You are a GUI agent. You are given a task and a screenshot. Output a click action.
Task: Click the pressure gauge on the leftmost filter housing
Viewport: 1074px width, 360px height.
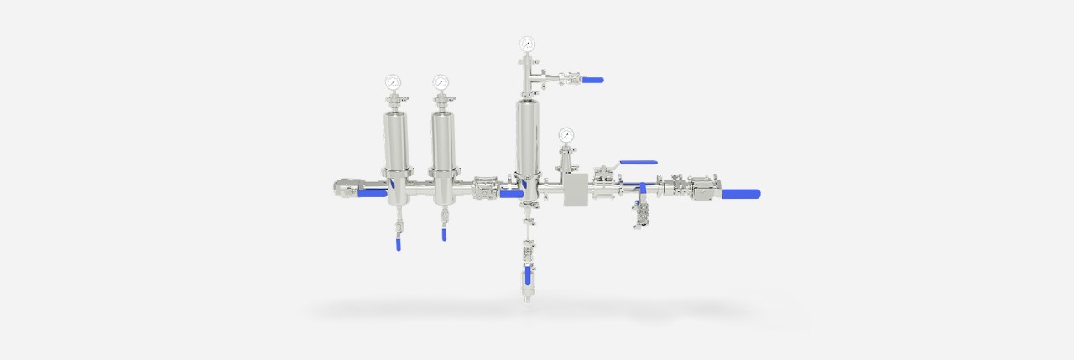tap(393, 82)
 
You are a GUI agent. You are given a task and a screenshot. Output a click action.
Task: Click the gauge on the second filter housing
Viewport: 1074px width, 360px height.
tap(441, 82)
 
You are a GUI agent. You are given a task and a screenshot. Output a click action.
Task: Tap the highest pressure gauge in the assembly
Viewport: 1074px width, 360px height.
tap(527, 44)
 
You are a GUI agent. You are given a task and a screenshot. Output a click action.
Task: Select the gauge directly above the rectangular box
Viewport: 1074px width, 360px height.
tap(566, 134)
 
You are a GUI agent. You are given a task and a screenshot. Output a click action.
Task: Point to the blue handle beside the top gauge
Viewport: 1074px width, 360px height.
tap(592, 81)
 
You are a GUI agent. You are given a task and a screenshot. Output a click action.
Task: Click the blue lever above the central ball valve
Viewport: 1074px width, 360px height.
tap(638, 163)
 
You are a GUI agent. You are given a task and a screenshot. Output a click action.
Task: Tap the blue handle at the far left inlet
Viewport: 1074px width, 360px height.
tap(372, 193)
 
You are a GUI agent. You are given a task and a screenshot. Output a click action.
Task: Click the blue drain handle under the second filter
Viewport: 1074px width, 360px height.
tap(444, 235)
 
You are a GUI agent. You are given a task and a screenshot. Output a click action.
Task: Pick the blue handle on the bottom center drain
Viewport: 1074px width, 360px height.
tap(526, 278)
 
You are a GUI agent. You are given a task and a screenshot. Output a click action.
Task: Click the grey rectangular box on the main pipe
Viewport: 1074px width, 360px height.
tap(576, 190)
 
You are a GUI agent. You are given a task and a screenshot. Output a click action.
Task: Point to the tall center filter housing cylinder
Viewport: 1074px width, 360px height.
tap(527, 134)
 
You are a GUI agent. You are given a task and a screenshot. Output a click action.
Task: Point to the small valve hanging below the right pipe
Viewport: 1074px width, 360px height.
tap(642, 217)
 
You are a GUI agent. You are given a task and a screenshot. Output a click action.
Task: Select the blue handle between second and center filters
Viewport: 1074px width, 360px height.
tap(510, 194)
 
